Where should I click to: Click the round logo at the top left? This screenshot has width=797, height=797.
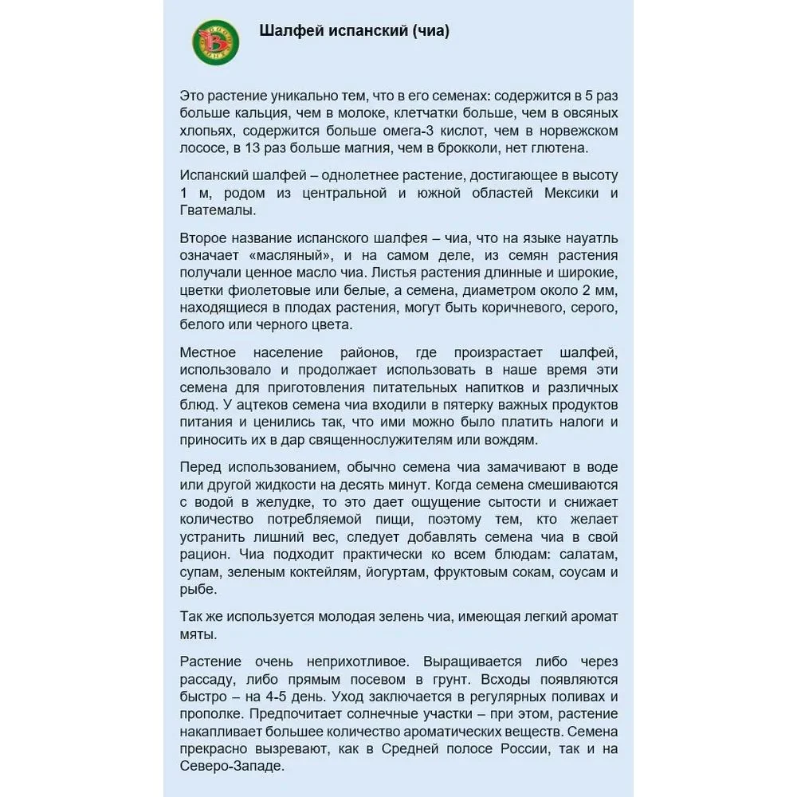coord(215,41)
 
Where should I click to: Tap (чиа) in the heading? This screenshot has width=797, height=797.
coord(431,32)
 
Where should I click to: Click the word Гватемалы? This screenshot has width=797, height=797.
coord(218,210)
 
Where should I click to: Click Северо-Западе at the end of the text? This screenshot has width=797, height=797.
coord(231,767)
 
